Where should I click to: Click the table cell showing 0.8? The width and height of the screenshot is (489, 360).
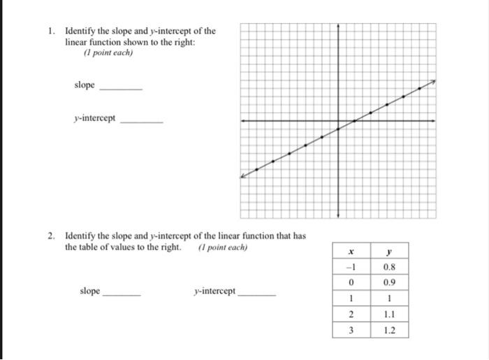(x=389, y=266)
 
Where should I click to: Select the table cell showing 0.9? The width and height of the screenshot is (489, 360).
(x=389, y=282)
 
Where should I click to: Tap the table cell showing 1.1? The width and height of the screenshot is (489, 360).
(x=389, y=315)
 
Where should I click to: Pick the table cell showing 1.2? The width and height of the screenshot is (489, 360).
(x=389, y=331)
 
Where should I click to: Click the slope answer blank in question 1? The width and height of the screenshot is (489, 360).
(x=121, y=89)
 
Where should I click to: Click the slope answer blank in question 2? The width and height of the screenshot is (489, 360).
(x=122, y=294)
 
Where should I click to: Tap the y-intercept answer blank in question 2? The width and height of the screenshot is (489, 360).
(x=257, y=294)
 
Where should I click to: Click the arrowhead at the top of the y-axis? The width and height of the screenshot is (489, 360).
(x=339, y=26)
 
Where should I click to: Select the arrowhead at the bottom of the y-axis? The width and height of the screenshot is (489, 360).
(x=339, y=215)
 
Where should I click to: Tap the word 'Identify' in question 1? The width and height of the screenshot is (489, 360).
(x=80, y=31)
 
